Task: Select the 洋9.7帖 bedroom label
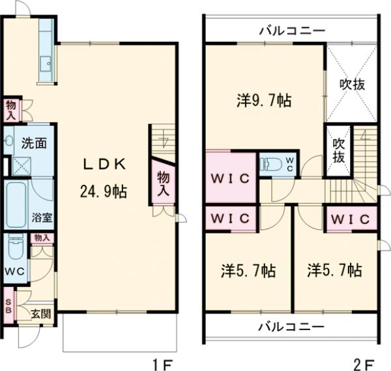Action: [x=264, y=100]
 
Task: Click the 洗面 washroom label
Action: [x=33, y=143]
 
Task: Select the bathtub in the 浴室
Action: [x=16, y=202]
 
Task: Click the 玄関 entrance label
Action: [x=41, y=314]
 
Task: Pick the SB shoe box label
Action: [x=8, y=305]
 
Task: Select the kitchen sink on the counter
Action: [x=46, y=64]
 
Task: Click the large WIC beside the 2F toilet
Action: [x=230, y=178]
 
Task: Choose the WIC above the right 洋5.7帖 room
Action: [x=349, y=218]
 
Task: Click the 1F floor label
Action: [x=161, y=362]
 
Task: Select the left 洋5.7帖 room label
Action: [x=247, y=271]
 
